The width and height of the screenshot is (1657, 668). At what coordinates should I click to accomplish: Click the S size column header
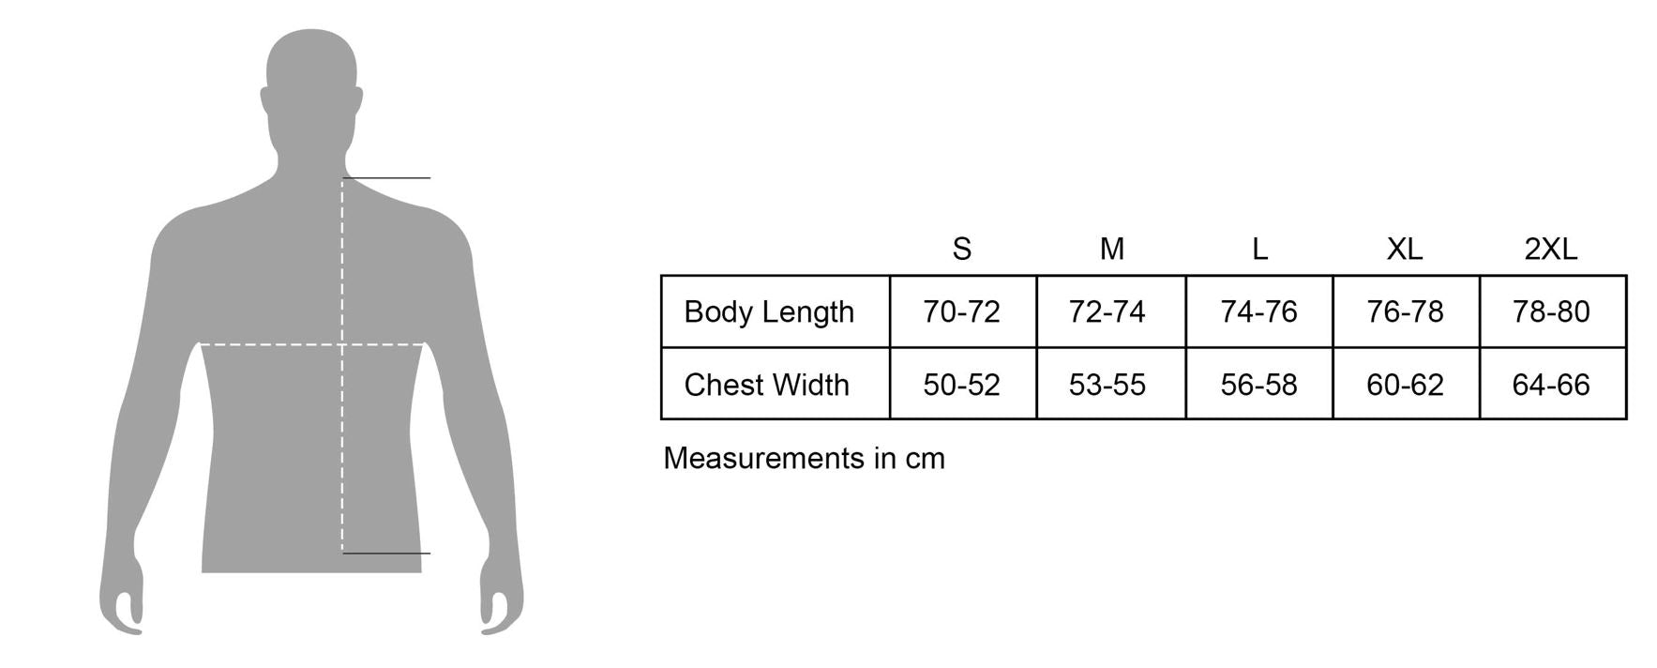pos(961,249)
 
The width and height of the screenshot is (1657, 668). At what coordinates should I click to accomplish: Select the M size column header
pos(1111,249)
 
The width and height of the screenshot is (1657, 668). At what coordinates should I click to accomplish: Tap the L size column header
pos(1259,249)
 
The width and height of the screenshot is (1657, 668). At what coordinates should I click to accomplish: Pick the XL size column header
pos(1405,249)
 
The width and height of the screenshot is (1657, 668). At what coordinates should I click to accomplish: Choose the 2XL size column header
pos(1551,249)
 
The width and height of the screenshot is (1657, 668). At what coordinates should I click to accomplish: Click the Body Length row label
pos(769,311)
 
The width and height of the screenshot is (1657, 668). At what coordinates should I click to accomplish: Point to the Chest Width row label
pos(766,385)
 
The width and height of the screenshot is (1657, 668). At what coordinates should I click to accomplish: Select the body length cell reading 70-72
pos(961,311)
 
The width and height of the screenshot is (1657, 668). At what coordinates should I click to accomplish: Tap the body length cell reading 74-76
pos(1258,311)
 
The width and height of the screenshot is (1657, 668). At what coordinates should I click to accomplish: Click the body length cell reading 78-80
pos(1551,311)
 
